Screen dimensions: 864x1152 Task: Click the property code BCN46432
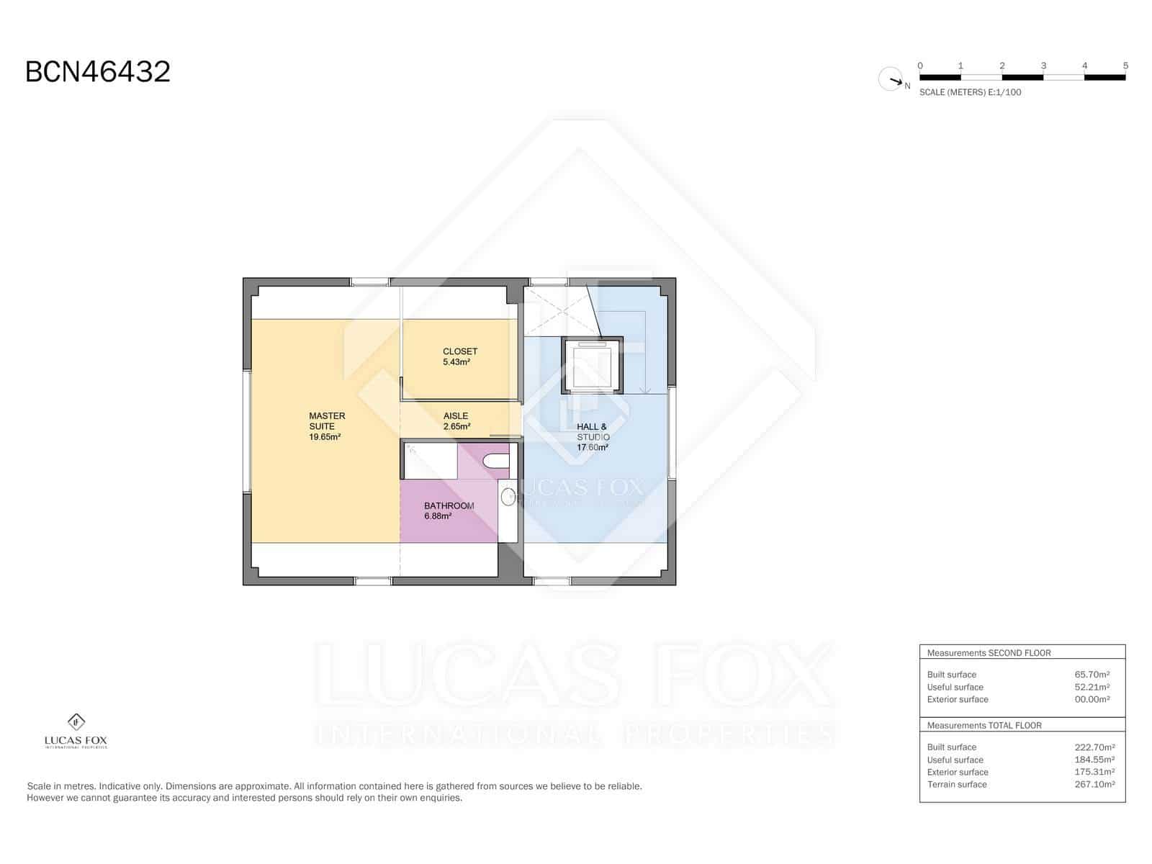pos(98,72)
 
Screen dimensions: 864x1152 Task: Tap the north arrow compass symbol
pos(891,79)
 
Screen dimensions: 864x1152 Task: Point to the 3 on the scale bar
pos(1043,66)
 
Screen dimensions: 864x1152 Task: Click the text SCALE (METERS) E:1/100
pos(970,92)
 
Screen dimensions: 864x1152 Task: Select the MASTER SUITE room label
pos(325,426)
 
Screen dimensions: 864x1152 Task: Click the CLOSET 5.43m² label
pos(459,356)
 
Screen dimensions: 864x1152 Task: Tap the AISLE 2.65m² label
pos(456,421)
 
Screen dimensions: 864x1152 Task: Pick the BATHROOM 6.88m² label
pos(449,510)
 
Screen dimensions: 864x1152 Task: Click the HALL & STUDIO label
pos(593,436)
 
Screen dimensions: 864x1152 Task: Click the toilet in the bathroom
pos(495,462)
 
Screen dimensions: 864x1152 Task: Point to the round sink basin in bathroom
pos(508,496)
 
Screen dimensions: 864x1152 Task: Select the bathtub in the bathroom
pos(430,462)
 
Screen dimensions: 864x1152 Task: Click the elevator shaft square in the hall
pos(592,366)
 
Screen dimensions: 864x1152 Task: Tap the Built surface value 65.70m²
pos(1092,675)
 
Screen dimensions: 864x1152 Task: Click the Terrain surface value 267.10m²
pos(1094,784)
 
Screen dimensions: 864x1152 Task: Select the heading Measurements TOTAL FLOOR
pos(984,726)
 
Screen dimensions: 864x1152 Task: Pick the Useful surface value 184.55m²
pos(1094,760)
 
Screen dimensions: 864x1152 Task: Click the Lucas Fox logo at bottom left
pos(76,731)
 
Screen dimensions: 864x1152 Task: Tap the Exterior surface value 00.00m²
pos(1092,699)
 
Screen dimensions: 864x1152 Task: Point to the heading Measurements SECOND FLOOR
pos(989,653)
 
